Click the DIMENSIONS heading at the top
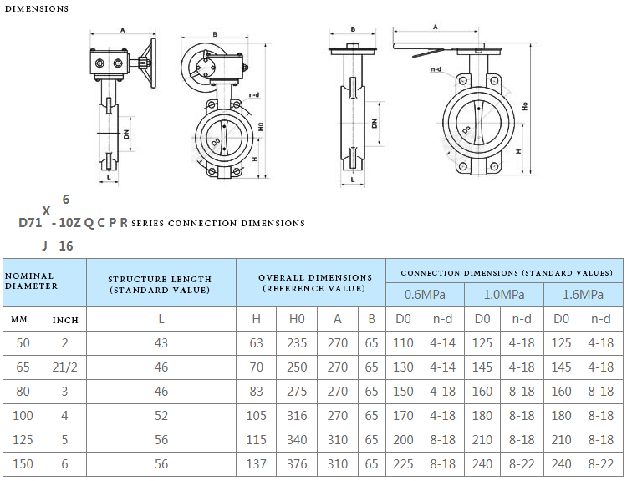point(37,9)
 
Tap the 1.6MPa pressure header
point(583,295)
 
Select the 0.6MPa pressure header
point(425,295)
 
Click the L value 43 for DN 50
point(161,343)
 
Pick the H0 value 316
point(297,416)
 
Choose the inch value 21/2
point(64,367)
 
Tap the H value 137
point(256,464)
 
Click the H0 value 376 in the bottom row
point(297,464)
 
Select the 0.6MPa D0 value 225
point(403,464)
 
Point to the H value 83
point(256,392)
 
